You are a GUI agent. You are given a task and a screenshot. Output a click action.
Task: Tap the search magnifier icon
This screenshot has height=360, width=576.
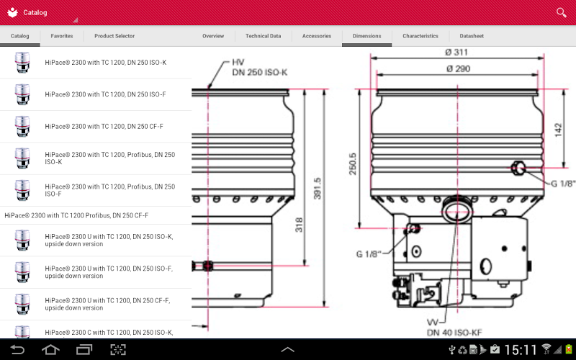click(562, 12)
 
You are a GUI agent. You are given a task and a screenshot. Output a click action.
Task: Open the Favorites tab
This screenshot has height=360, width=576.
click(62, 36)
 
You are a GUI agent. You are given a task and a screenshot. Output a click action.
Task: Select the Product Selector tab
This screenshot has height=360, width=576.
click(114, 36)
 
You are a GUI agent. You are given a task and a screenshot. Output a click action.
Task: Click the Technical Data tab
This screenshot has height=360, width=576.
click(263, 36)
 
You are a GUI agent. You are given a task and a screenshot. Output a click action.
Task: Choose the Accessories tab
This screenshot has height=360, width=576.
click(317, 36)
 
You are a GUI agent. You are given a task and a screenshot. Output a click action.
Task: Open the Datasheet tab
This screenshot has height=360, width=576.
click(472, 36)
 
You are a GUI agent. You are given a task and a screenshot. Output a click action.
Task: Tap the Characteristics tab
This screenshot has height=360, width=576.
click(420, 36)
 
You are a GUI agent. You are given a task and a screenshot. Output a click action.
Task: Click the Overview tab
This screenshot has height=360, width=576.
click(213, 36)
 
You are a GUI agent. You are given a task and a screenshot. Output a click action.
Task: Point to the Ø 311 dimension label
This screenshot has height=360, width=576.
click(456, 52)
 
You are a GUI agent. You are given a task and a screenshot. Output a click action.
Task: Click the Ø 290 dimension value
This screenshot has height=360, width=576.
click(459, 68)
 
